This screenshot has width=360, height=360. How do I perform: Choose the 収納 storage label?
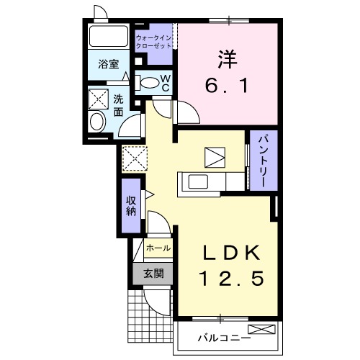(132, 205)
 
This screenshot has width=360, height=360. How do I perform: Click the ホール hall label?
(158, 248)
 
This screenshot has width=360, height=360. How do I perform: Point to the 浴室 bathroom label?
(108, 63)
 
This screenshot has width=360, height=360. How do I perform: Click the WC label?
(165, 82)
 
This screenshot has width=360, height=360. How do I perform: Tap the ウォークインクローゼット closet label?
(153, 40)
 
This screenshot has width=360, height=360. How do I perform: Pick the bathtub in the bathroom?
(109, 37)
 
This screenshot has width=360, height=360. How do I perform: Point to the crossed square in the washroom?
(97, 98)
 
